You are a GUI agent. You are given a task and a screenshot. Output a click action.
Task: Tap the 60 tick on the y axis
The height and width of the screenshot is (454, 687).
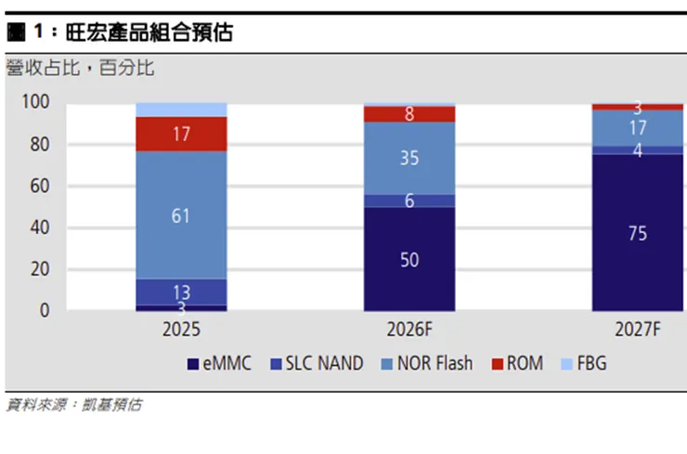point(41,186)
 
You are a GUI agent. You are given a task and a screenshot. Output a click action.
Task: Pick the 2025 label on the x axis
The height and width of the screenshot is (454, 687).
point(180,329)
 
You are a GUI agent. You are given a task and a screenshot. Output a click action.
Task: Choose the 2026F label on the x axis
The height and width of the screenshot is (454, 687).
point(409,329)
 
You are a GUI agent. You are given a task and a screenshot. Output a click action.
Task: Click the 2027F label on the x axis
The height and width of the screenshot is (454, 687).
point(637,329)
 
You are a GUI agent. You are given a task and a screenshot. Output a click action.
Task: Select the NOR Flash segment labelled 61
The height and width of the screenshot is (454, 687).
point(181,215)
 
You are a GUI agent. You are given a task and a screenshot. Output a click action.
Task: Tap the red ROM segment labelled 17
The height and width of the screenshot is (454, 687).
point(181,135)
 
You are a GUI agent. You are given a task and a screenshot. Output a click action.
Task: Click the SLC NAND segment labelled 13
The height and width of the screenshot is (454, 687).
point(181,291)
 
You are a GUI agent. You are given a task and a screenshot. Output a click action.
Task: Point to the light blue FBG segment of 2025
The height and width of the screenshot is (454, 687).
point(181,110)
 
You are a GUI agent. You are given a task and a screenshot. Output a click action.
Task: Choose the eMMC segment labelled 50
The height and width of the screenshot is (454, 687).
point(409,259)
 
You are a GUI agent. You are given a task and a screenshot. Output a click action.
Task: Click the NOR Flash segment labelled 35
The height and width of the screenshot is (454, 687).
point(409,158)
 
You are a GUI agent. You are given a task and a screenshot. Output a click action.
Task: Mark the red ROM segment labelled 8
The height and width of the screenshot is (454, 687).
point(409,114)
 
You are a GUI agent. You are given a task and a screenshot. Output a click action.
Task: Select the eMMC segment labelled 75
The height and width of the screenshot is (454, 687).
point(637,233)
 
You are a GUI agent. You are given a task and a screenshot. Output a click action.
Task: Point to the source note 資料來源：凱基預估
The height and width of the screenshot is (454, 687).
point(74,405)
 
